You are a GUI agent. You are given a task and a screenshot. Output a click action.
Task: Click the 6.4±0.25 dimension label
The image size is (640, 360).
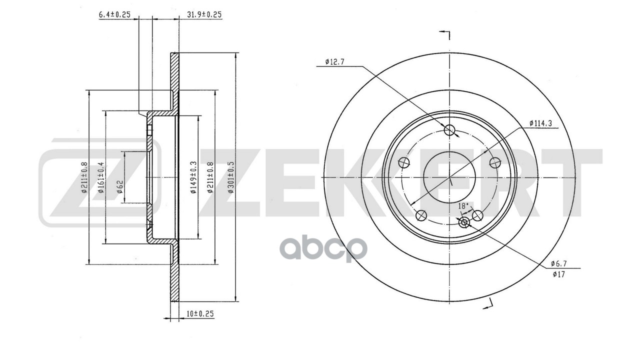(x=114, y=14)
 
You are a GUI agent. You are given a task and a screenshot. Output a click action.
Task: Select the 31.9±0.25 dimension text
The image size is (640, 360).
(x=204, y=14)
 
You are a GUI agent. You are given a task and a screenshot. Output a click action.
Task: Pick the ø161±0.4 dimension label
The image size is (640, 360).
(x=101, y=178)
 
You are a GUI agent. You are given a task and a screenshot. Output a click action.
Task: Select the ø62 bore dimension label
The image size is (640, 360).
(x=120, y=185)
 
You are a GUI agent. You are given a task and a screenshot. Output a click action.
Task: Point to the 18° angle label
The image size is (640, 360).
(x=463, y=205)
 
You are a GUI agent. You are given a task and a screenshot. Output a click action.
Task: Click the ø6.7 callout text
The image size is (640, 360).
(x=559, y=263)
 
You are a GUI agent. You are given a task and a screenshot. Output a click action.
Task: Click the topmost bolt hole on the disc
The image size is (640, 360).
(x=450, y=130)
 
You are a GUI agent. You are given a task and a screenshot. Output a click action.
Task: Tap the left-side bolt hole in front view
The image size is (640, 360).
(x=404, y=163)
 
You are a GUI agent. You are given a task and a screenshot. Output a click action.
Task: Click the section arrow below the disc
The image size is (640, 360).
(x=488, y=303)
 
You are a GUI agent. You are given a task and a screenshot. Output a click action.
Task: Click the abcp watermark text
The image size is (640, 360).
(x=325, y=248)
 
